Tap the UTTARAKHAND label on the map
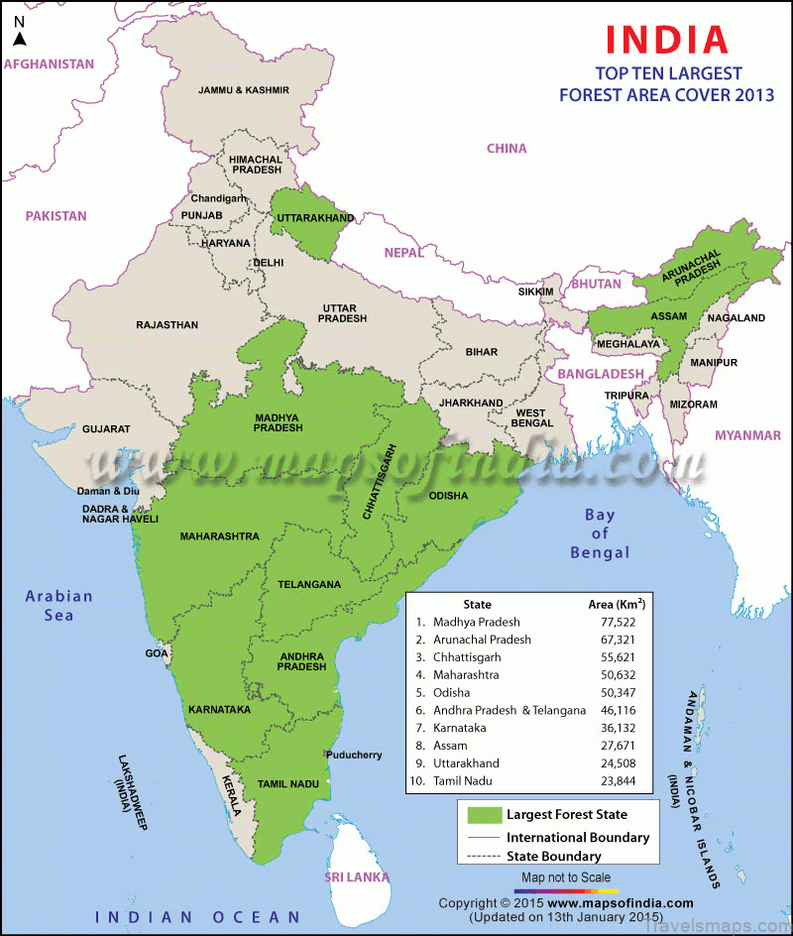[316, 218]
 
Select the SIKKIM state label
[535, 292]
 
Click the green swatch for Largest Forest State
[484, 815]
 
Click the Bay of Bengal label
[599, 533]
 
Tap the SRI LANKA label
[359, 878]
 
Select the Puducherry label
[354, 755]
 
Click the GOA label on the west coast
[157, 653]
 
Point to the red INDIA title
[667, 39]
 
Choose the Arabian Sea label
[59, 605]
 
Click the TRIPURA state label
[626, 395]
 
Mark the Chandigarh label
[218, 198]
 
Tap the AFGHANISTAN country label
[50, 63]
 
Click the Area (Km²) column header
[617, 604]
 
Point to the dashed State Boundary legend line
[484, 856]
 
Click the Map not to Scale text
[566, 877]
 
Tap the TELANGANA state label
[309, 585]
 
